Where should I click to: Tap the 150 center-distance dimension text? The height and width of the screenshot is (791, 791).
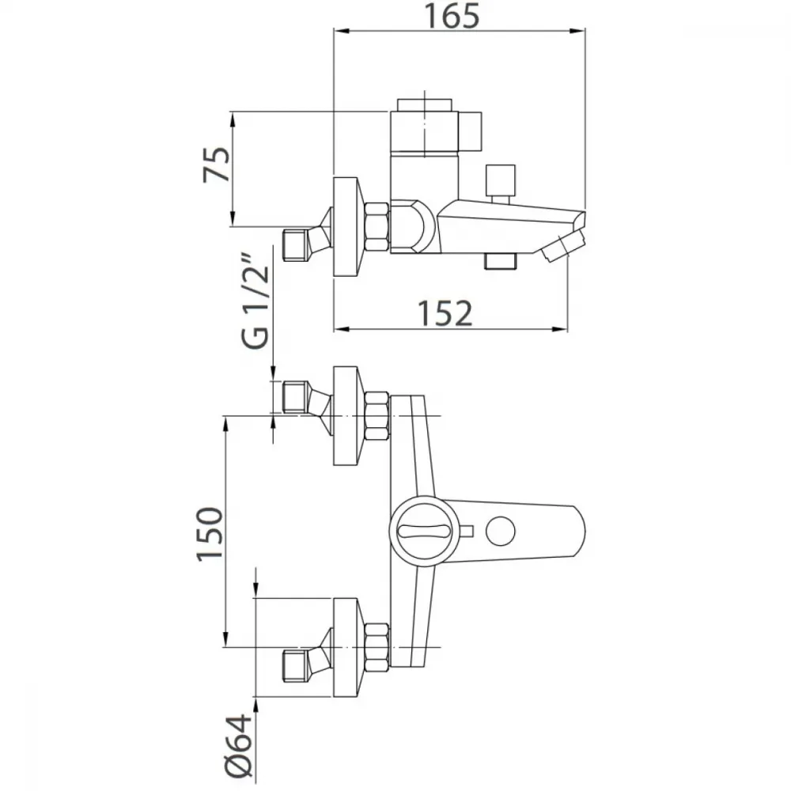(x=210, y=534)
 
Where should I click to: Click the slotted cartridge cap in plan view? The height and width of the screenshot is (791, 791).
(x=424, y=531)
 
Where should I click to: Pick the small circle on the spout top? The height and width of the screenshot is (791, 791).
(x=501, y=532)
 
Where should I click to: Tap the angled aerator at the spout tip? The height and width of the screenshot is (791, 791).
(x=563, y=246)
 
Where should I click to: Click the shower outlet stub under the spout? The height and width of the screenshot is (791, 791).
(x=501, y=261)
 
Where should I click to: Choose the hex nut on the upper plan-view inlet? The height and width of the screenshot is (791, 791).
(x=377, y=416)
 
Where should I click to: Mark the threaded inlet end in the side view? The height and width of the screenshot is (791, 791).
(x=297, y=245)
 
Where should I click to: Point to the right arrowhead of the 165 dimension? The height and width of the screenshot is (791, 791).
(x=578, y=31)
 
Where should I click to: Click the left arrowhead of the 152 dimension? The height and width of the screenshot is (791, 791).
(x=342, y=329)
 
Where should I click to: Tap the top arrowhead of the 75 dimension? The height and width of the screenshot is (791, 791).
(x=233, y=120)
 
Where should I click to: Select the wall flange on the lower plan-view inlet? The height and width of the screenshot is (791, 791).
(x=346, y=648)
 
